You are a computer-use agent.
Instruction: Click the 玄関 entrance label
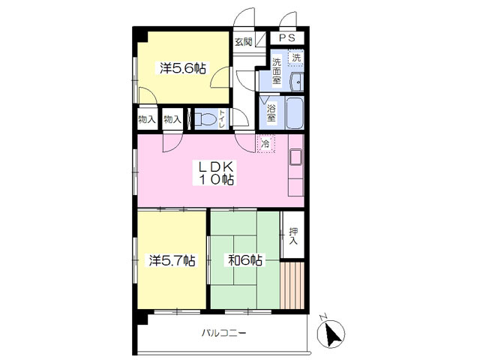(243, 42)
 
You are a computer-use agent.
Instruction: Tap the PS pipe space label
(286, 38)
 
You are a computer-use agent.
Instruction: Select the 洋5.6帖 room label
(183, 68)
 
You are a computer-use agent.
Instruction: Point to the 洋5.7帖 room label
(172, 261)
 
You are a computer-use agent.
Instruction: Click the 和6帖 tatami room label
(245, 260)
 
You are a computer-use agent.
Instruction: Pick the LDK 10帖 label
(217, 173)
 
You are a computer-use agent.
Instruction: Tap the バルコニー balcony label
(223, 333)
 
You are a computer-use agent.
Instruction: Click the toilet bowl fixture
(205, 118)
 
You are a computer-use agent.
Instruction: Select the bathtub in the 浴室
(295, 112)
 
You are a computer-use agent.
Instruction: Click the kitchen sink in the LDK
(296, 157)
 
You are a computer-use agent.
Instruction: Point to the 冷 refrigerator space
(266, 143)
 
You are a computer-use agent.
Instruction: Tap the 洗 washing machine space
(296, 58)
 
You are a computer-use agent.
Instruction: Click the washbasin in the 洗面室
(297, 82)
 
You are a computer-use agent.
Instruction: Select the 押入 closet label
(293, 236)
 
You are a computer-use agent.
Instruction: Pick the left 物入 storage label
(147, 119)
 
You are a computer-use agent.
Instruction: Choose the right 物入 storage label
(172, 119)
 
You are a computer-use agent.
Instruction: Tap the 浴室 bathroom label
(271, 113)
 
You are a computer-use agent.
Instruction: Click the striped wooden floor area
(292, 285)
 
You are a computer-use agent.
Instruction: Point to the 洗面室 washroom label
(277, 71)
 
